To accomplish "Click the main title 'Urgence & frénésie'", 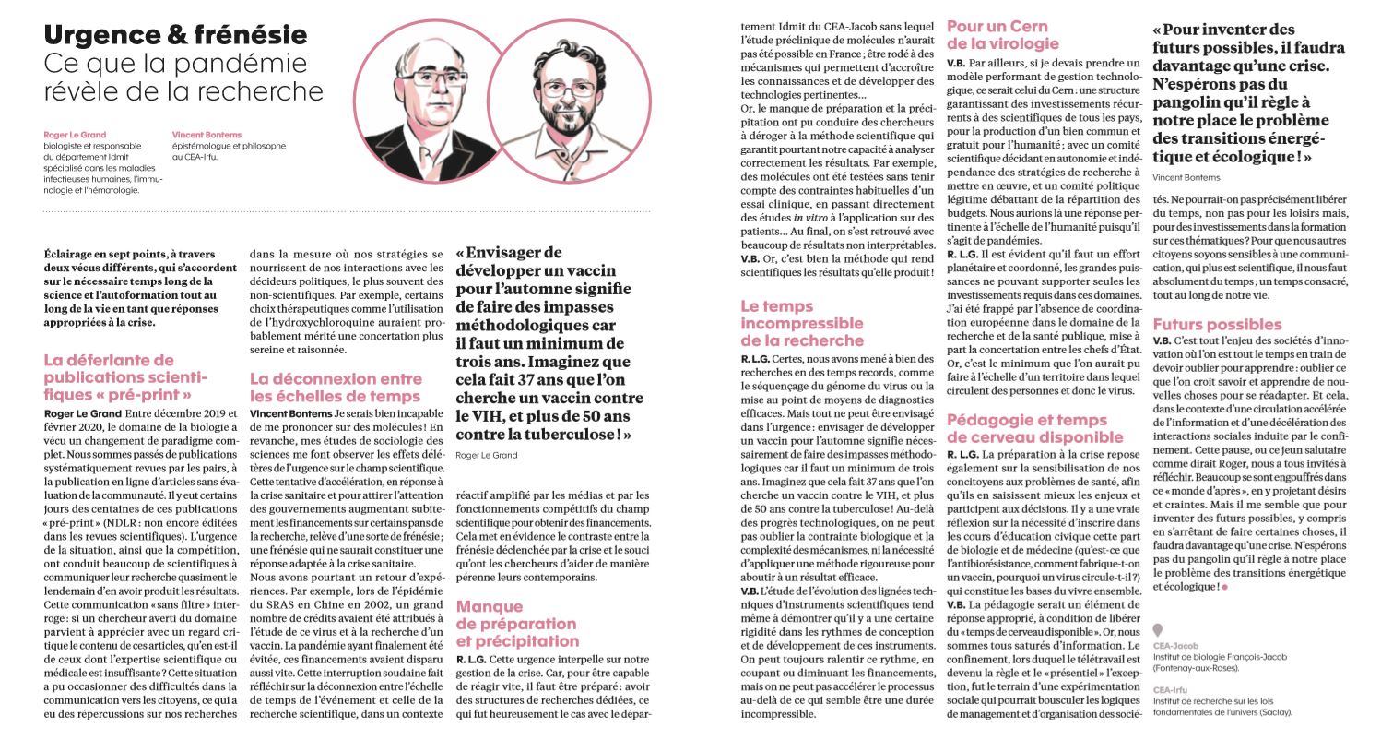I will point(175,35).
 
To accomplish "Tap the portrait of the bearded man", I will point(568,101).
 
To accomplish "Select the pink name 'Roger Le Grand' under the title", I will point(75,135).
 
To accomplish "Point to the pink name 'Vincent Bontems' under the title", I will point(207,135).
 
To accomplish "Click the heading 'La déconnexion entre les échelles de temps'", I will point(336,388).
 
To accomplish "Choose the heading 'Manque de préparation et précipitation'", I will point(516,624).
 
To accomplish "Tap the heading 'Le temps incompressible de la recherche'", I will point(802,323).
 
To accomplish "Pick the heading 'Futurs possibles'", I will point(1217,325).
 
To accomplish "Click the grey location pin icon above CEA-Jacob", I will point(1158,631).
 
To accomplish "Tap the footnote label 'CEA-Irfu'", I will point(1170,690).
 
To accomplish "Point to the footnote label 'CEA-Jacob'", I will point(1175,646).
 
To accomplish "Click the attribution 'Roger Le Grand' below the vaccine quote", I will point(487,455).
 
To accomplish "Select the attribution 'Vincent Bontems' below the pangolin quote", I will point(1186,177).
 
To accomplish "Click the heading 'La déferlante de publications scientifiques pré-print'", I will point(125,377).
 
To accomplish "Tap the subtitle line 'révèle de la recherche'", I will point(183,91).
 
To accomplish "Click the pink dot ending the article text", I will point(1225,587).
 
